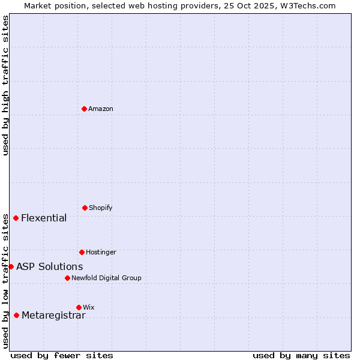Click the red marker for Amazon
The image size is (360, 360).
(x=84, y=109)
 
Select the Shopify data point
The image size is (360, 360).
(x=85, y=208)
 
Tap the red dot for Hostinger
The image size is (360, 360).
(x=82, y=252)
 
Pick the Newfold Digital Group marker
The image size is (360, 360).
(x=67, y=278)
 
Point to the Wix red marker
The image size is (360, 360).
(x=79, y=307)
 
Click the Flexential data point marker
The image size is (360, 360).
(x=16, y=218)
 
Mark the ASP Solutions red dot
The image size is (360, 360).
(x=11, y=266)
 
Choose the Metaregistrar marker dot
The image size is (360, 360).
(x=16, y=315)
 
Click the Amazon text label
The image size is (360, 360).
(x=101, y=109)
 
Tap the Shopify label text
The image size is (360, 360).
(x=101, y=208)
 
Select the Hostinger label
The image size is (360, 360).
(x=101, y=252)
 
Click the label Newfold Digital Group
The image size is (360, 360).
(x=106, y=278)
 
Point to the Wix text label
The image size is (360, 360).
(x=89, y=307)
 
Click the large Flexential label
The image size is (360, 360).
(x=44, y=218)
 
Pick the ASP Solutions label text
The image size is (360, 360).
(x=49, y=266)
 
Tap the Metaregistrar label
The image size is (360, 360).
(x=53, y=316)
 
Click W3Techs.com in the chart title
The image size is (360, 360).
(x=306, y=5)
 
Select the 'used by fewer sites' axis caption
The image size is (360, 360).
(x=62, y=355)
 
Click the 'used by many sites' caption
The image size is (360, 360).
(x=301, y=355)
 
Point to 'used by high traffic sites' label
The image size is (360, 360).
(x=5, y=85)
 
